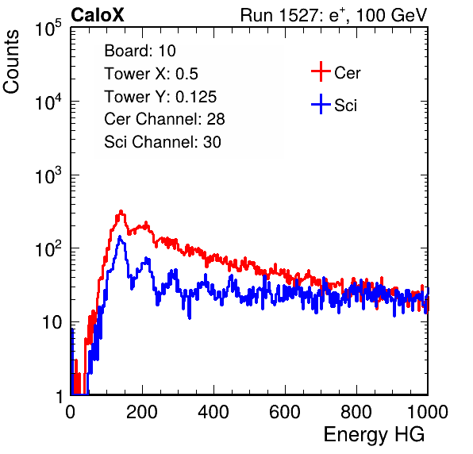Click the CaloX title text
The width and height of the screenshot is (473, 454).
pos(97,15)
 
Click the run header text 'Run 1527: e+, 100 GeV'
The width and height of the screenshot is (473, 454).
pos(333,15)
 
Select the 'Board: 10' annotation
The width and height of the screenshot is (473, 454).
pos(140,51)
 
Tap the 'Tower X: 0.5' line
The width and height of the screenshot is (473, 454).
pos(151,74)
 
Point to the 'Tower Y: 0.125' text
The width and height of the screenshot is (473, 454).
pos(160,97)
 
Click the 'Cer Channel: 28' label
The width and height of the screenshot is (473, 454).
pos(165,119)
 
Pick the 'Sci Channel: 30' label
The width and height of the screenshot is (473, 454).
pos(163,142)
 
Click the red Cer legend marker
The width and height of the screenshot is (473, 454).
pos(321,71)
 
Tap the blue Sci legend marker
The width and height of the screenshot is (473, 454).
pos(321,105)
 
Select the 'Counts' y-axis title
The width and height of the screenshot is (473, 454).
pos(11,62)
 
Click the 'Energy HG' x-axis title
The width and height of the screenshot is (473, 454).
pos(374,435)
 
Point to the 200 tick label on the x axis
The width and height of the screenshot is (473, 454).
pos(142,412)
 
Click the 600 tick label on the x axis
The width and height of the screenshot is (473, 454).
pos(285,412)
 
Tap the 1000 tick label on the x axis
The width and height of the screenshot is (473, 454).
pos(428,412)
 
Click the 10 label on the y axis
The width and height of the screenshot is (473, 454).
pos(52,323)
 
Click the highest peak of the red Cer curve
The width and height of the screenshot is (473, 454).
pos(121,211)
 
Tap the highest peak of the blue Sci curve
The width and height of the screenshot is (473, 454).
pos(120,237)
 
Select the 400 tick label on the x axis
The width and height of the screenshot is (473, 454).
pos(213,412)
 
